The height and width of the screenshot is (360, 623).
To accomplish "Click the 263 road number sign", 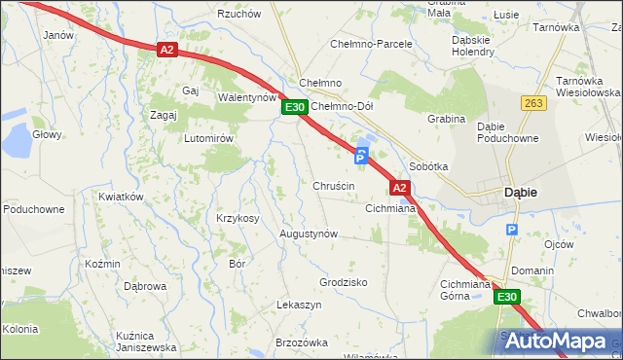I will click(533, 102).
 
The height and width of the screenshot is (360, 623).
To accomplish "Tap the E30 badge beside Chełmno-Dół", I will click(296, 107).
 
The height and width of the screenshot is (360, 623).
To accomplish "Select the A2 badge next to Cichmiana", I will click(399, 187).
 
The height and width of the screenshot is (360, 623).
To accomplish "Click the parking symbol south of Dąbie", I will click(512, 231).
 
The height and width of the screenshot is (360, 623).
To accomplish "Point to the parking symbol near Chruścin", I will click(361, 156).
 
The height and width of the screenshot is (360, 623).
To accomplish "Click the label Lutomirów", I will click(208, 138).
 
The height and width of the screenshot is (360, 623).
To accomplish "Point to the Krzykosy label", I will click(238, 218).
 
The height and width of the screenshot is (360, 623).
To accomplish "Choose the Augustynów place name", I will click(309, 234).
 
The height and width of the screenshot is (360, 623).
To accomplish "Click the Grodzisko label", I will click(343, 282).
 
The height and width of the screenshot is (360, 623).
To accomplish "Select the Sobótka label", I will click(428, 166).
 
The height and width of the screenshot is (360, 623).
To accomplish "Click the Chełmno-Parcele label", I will click(374, 44).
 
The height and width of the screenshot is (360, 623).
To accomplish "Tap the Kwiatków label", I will click(121, 197).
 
